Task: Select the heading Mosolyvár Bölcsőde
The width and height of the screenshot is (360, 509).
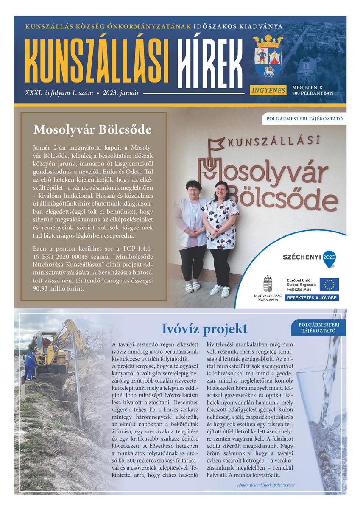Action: (x=92, y=129)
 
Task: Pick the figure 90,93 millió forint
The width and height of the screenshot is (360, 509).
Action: (x=59, y=289)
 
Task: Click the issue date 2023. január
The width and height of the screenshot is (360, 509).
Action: (x=121, y=92)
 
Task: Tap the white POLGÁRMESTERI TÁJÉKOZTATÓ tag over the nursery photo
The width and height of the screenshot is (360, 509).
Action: (x=304, y=119)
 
